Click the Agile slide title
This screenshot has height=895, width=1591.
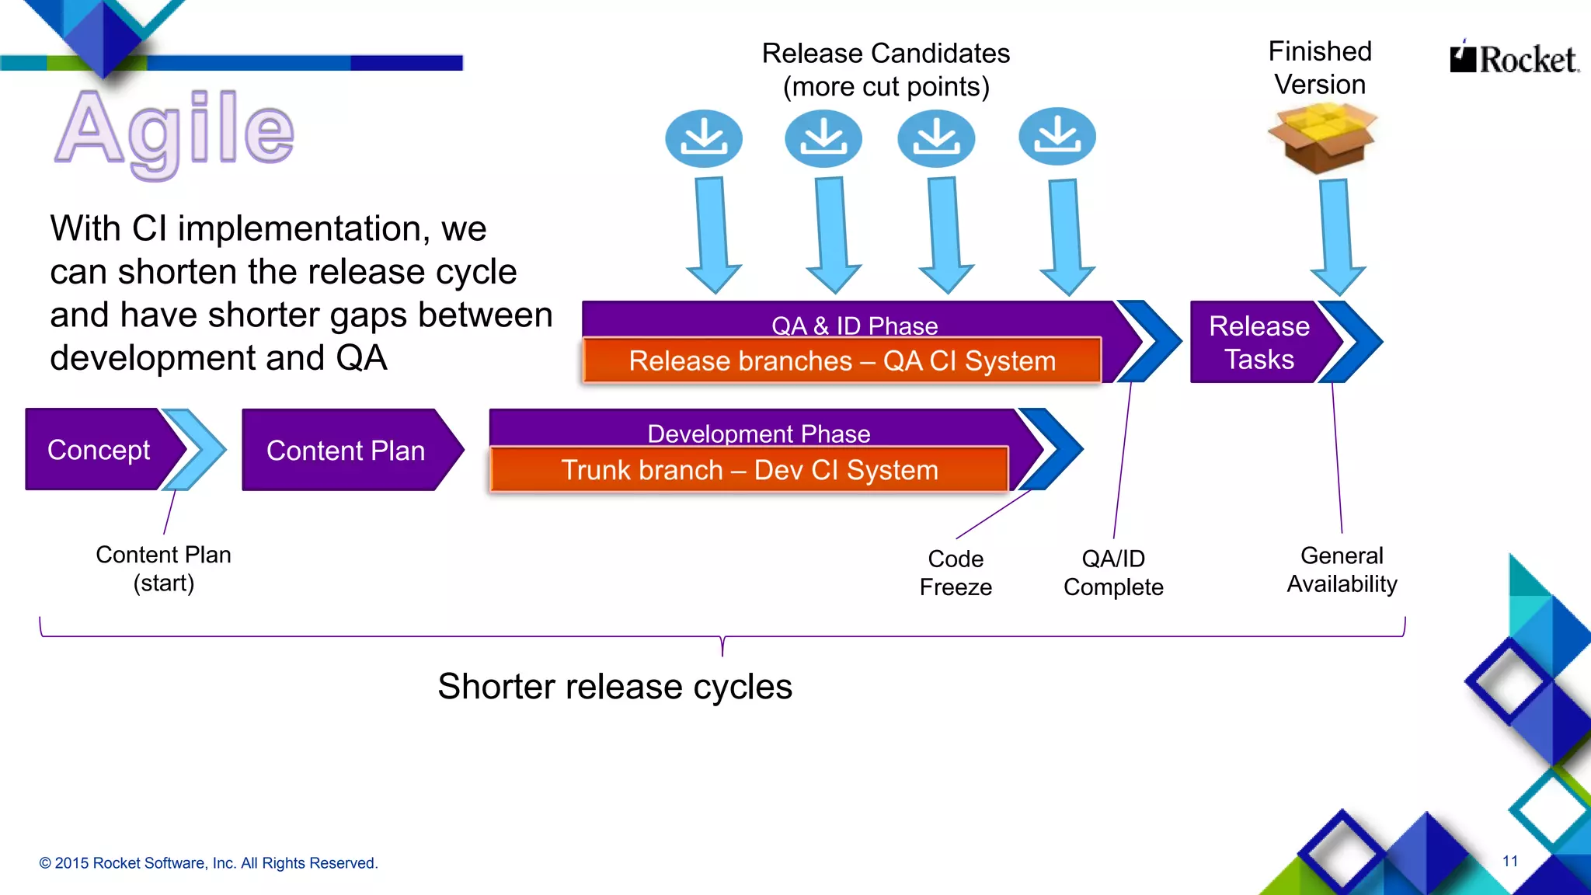point(175,131)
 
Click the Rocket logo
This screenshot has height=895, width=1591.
point(1514,59)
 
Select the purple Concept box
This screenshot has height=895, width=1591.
point(99,450)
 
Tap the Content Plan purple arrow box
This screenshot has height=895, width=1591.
point(346,451)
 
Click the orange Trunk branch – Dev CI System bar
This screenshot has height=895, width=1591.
point(750,470)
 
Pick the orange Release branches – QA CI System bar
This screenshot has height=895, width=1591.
point(842,361)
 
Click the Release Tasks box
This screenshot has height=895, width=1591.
point(1259,343)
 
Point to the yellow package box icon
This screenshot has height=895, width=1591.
point(1321,138)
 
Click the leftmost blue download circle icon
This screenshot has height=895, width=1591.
point(704,138)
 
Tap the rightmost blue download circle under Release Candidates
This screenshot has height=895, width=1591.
point(1057,137)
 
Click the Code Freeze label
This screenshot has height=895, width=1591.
point(956,573)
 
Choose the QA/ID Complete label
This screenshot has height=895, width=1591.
point(1113,573)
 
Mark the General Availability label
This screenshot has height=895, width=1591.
point(1342,569)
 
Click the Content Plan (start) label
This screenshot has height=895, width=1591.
point(163,569)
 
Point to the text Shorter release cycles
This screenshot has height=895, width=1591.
point(614,687)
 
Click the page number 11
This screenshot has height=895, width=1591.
point(1509,861)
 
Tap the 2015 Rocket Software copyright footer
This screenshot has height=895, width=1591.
point(208,863)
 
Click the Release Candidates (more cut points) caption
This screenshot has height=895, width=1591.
point(886,70)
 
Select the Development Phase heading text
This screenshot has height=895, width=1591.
point(758,433)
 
